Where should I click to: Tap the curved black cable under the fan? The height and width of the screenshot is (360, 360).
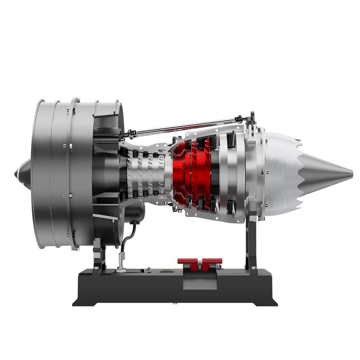click(126, 238)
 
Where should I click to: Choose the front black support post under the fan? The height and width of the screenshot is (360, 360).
click(98, 257)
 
